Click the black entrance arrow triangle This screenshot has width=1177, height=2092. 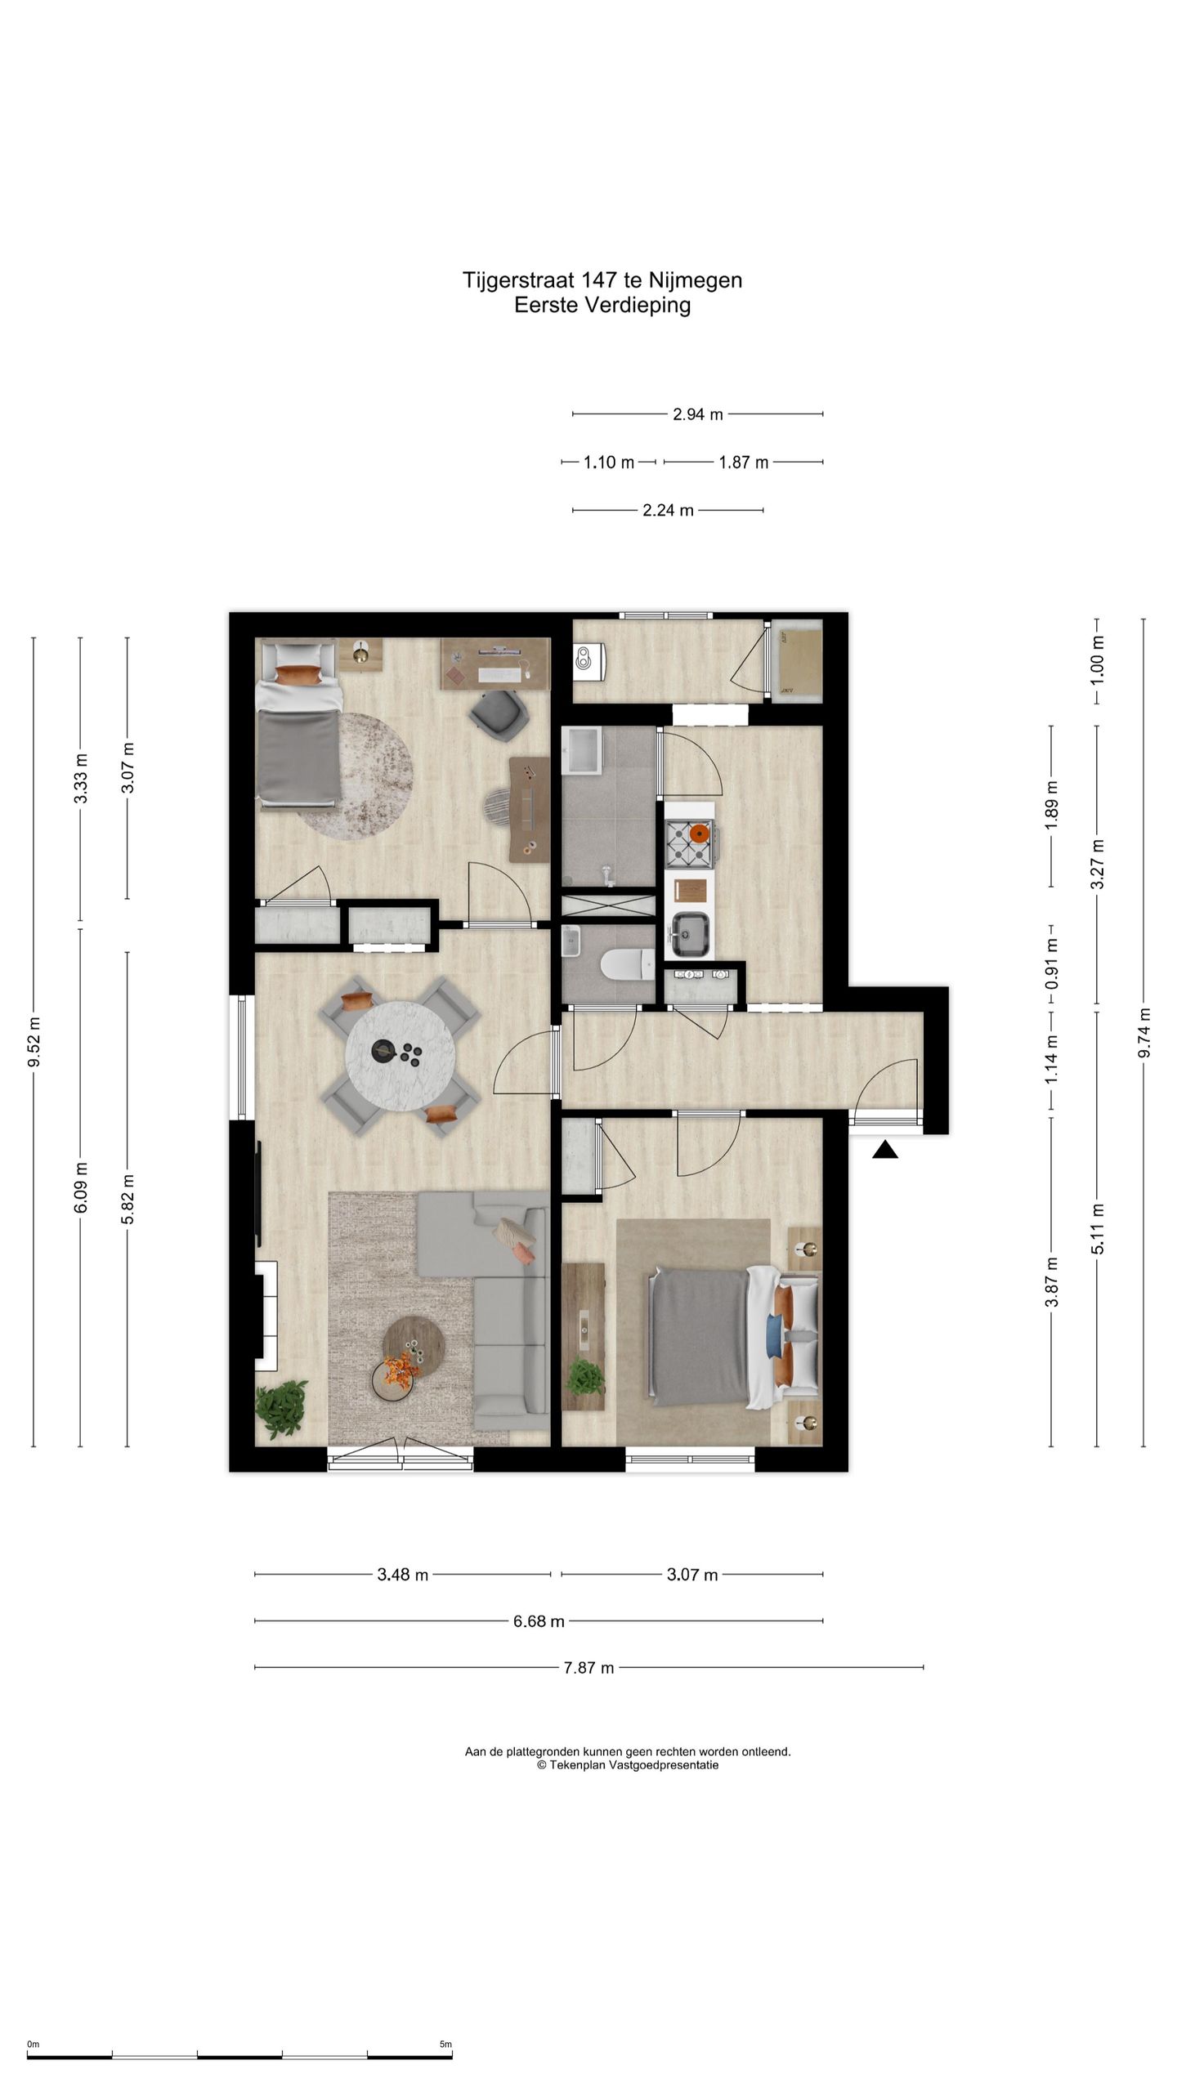(885, 1151)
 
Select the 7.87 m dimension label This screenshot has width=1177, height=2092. (588, 1667)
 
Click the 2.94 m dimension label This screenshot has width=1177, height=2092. (697, 414)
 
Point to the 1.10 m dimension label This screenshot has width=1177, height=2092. (609, 463)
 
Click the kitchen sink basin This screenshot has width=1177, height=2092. (690, 933)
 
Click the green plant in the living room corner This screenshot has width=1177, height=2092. (281, 1408)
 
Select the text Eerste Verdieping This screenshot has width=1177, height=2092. (602, 305)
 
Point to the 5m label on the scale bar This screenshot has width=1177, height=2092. (445, 2038)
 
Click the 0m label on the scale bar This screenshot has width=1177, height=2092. (33, 2038)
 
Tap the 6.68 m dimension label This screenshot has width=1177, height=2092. (539, 1621)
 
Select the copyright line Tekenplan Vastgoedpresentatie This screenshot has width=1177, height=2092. (628, 1764)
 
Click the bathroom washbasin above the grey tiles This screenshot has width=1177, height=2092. (583, 750)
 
